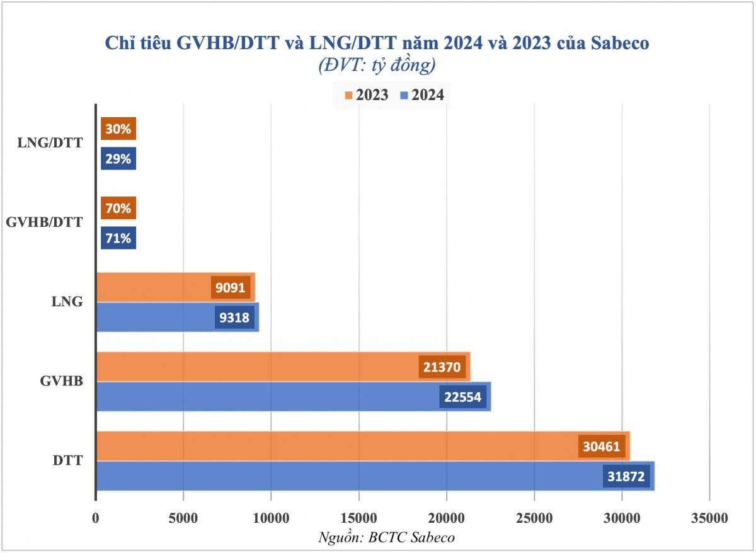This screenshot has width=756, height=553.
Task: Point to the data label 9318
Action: pos(235,317)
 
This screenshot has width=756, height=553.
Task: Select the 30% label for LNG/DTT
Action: pos(118,129)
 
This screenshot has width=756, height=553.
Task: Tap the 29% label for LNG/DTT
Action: pos(118,159)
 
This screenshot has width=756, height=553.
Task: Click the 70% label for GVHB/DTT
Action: pos(118,208)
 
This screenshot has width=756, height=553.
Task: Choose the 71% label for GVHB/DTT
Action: pos(118,238)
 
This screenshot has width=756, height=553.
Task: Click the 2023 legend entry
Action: pos(366,96)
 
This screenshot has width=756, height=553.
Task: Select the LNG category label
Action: pos(67,302)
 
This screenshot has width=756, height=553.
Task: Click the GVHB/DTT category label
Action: pos(43,223)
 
